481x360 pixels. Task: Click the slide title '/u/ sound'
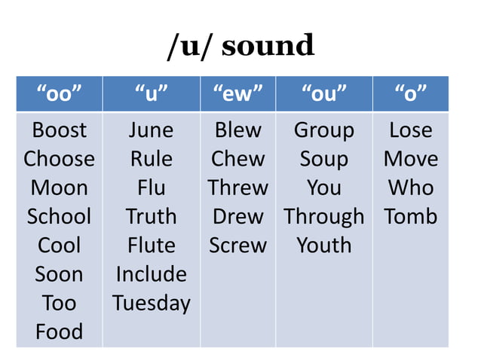(x=240, y=46)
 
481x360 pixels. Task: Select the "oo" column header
(x=59, y=94)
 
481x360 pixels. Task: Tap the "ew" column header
(x=237, y=94)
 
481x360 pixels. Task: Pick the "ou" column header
(x=323, y=94)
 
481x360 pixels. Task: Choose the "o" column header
(x=410, y=94)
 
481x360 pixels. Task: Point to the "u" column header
(x=151, y=94)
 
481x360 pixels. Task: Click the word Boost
(x=59, y=130)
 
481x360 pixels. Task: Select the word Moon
(x=59, y=188)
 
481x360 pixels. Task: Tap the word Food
(x=59, y=331)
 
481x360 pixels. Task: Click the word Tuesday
(x=151, y=304)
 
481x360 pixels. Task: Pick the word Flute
(x=151, y=246)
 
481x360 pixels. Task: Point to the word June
(x=151, y=130)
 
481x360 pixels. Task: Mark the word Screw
(x=237, y=246)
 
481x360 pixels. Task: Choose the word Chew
(x=237, y=159)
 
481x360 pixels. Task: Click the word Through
(x=323, y=217)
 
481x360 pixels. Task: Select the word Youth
(x=323, y=246)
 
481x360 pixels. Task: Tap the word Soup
(x=323, y=159)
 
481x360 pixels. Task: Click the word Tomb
(x=410, y=217)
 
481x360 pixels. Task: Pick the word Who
(x=410, y=188)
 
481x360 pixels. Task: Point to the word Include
(x=151, y=274)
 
